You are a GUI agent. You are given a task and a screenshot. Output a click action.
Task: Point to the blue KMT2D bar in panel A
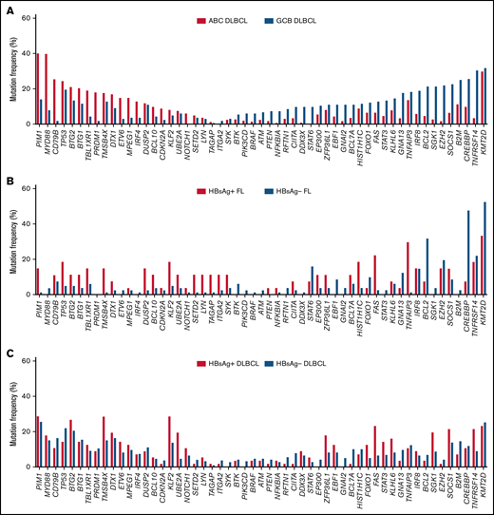click(485, 96)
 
